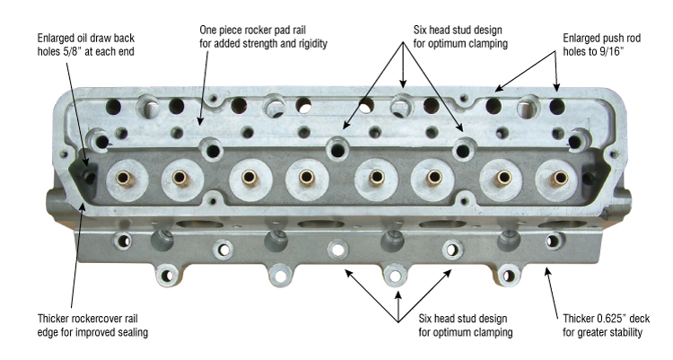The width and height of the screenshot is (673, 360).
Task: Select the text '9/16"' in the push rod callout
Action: pyautogui.click(x=611, y=51)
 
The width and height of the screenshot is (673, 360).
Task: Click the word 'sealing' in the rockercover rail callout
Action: pyautogui.click(x=131, y=332)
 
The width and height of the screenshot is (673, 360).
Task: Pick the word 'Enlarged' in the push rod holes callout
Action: pyautogui.click(x=582, y=39)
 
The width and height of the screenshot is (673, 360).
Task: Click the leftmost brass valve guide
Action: pyautogui.click(x=126, y=179)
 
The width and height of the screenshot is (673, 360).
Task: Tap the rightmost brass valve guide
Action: pyautogui.click(x=558, y=178)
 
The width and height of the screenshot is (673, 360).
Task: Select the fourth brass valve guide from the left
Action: pyautogui.click(x=307, y=177)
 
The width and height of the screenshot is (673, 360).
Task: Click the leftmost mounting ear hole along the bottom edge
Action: pyautogui.click(x=167, y=276)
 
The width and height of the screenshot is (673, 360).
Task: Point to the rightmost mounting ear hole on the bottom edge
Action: pyautogui.click(x=509, y=276)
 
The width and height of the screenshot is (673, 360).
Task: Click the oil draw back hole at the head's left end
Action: pyautogui.click(x=89, y=176)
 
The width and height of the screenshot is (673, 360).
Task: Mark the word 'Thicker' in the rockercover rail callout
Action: pyautogui.click(x=54, y=319)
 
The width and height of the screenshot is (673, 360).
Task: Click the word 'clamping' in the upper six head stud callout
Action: pyautogui.click(x=488, y=43)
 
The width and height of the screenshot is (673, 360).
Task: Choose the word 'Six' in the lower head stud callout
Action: pyautogui.click(x=425, y=319)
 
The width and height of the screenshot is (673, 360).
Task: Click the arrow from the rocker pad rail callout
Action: pyautogui.click(x=204, y=88)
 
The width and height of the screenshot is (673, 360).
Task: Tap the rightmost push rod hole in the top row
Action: pyautogui.click(x=557, y=107)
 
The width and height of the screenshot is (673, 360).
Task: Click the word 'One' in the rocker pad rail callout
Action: pyautogui.click(x=208, y=30)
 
